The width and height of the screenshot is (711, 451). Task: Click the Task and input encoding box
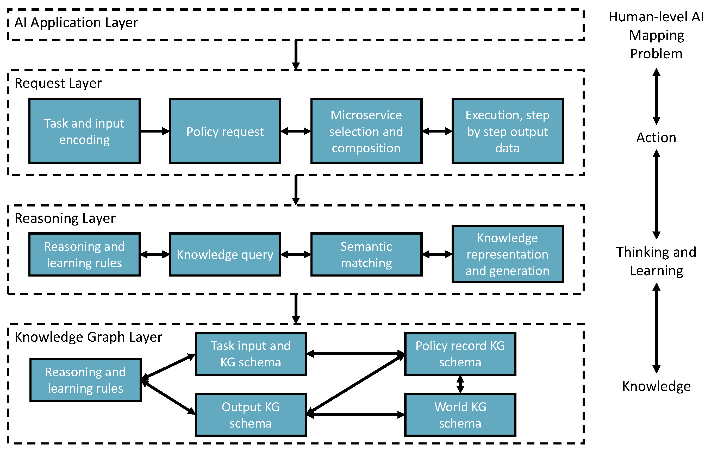coord(84,131)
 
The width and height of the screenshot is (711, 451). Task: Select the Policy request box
coord(225,131)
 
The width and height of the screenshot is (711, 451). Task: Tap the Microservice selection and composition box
coord(366,131)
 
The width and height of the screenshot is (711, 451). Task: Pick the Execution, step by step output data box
coord(507,131)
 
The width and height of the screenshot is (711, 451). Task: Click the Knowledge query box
coord(225,254)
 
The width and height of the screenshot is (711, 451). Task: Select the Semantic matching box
coord(366,254)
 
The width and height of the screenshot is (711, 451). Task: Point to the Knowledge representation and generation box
coord(507,254)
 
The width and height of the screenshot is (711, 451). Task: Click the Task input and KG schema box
coord(251,354)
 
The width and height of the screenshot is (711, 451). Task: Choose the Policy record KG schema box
coord(460,354)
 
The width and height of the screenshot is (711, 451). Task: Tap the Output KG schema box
coord(251,415)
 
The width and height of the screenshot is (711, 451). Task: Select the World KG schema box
coord(460,415)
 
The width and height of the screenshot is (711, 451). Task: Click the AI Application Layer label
coord(76,23)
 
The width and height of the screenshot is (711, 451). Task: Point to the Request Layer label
coord(58,83)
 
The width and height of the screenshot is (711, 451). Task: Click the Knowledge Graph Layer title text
coord(88,337)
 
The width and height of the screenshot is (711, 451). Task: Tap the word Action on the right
coord(656,137)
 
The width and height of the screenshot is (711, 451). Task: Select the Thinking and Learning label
coord(656,261)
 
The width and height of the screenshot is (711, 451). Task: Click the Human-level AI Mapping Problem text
coord(656,35)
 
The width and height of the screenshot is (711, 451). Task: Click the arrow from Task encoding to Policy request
coord(154,131)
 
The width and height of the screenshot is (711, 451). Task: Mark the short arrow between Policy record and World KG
coord(460,384)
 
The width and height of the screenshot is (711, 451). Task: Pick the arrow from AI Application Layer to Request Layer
coord(296,55)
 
